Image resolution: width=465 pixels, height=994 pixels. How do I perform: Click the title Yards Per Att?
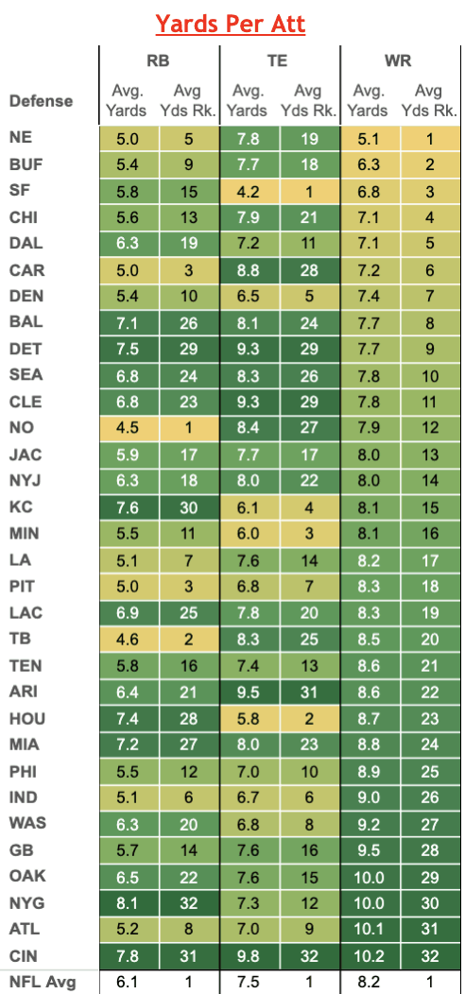(x=231, y=24)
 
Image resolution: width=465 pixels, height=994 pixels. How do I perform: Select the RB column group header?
(x=159, y=60)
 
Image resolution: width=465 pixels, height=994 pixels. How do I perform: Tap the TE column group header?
(x=277, y=60)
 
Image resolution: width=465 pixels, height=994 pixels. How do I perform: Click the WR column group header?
(x=398, y=60)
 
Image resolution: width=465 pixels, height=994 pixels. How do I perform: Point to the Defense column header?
(x=42, y=101)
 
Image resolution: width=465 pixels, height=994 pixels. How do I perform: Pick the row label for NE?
(x=22, y=137)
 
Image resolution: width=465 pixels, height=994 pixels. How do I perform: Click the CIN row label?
(x=25, y=956)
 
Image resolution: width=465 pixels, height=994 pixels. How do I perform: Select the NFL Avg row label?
(x=43, y=983)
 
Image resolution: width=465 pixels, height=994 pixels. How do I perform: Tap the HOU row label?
(x=27, y=718)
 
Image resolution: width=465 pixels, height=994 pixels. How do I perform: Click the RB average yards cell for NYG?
(x=129, y=903)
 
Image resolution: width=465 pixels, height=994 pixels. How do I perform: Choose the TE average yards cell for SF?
(x=250, y=191)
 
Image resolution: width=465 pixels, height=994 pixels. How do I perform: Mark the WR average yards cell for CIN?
(x=370, y=956)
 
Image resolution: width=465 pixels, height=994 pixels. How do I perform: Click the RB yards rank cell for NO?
(x=188, y=428)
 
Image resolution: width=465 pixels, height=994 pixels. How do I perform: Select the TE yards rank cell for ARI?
(x=309, y=692)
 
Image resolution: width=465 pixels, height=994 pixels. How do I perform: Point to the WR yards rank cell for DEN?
(x=429, y=296)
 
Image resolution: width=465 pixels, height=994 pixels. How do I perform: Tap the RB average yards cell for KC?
(x=129, y=507)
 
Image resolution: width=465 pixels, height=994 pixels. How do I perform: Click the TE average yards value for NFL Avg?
(x=250, y=983)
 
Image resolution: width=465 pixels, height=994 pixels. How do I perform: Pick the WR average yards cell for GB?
(x=370, y=850)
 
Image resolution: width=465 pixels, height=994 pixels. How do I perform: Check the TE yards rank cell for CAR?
(x=309, y=269)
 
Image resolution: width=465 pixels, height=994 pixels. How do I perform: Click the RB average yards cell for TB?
(x=129, y=639)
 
